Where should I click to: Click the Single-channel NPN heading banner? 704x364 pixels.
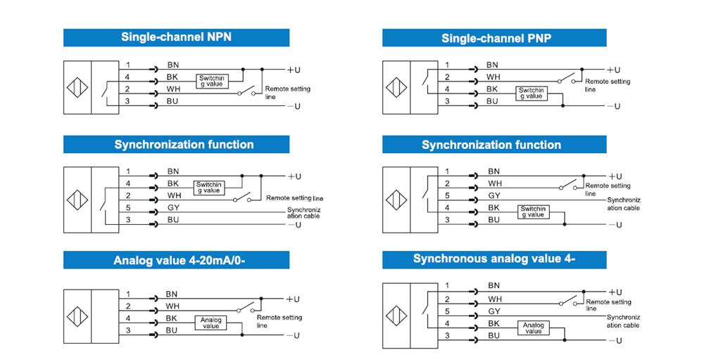pos(177,37)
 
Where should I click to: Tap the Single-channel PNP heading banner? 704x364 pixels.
pos(496,38)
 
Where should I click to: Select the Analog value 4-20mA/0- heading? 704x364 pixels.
pos(177,261)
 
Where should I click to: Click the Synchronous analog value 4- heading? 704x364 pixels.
pos(494,259)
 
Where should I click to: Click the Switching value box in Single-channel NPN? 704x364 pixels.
pos(210,81)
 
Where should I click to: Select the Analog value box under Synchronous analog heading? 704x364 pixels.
pos(533,328)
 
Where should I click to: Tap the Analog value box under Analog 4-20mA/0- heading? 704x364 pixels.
pos(210,323)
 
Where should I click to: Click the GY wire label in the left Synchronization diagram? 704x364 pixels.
pos(174,209)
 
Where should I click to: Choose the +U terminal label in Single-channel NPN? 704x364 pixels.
pos(294,70)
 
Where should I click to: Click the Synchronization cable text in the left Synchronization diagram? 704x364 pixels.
pos(304,213)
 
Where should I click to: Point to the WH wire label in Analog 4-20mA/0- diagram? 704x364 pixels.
pos(172,306)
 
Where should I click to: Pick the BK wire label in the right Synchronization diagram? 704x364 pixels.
pos(494,207)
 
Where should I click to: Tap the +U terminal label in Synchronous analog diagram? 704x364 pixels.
pos(614,292)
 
